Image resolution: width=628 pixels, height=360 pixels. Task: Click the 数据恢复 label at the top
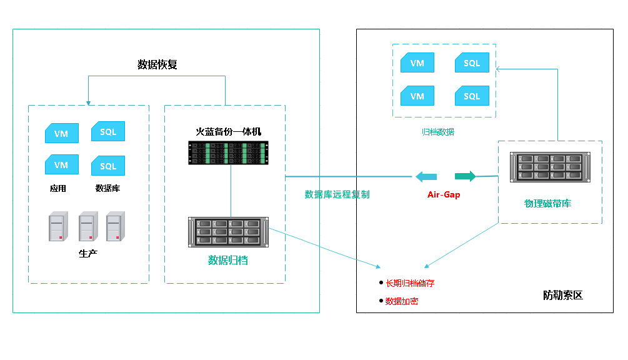[157, 64]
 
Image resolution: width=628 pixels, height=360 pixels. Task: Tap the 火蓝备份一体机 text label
[228, 131]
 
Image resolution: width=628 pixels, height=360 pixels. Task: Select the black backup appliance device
[228, 153]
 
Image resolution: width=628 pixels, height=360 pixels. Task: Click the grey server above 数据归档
[229, 232]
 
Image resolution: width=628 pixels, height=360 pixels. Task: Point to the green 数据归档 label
[228, 260]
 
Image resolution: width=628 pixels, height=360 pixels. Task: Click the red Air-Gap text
[444, 195]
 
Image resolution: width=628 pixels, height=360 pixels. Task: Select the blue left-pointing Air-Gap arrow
[426, 176]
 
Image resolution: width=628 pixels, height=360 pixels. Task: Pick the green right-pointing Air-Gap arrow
[465, 176]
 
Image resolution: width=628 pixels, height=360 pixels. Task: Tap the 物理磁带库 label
[547, 203]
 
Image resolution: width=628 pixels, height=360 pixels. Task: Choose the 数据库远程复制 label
[337, 194]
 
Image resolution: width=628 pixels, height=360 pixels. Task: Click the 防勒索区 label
[562, 296]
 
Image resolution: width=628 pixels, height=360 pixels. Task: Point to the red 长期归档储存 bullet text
[410, 283]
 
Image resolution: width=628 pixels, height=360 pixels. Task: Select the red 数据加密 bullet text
[402, 301]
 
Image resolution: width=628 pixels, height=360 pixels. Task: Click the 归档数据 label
[437, 132]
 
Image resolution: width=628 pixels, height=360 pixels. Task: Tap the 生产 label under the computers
[88, 253]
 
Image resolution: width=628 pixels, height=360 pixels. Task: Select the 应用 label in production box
[58, 188]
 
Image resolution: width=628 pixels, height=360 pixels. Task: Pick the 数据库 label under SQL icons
[107, 188]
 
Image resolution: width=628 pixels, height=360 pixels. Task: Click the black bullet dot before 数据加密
[380, 301]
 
